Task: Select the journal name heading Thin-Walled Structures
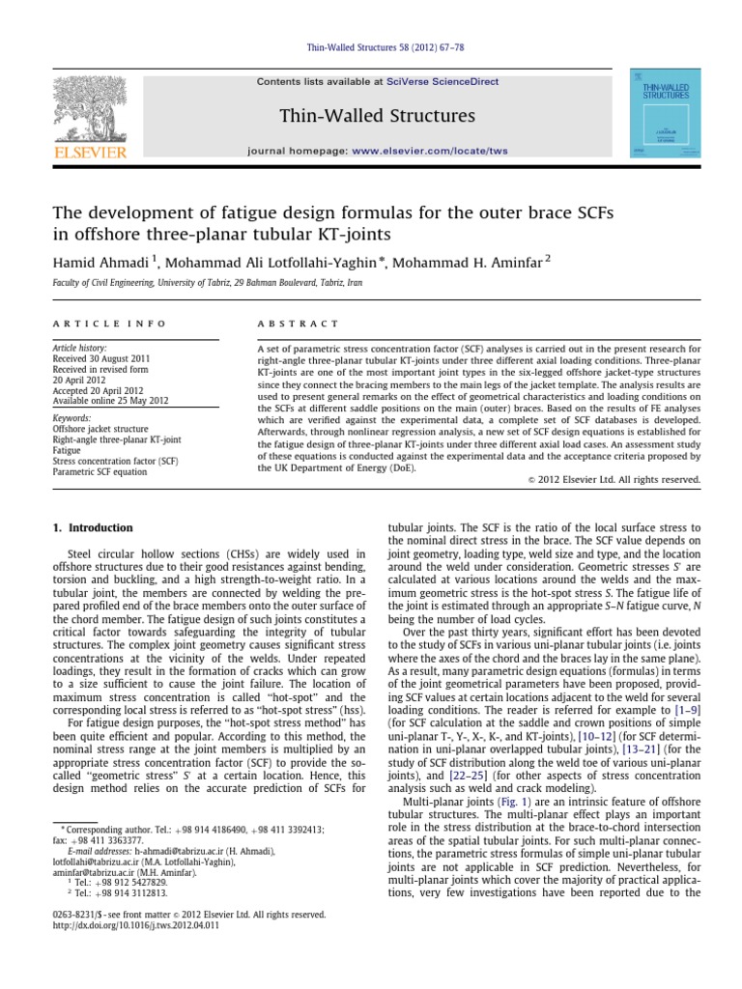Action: [x=377, y=117]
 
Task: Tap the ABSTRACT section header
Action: [x=299, y=324]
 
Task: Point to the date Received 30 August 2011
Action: [x=104, y=357]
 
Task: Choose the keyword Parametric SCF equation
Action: [x=100, y=472]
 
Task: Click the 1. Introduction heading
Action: [x=92, y=528]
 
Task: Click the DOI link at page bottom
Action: [x=130, y=925]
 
